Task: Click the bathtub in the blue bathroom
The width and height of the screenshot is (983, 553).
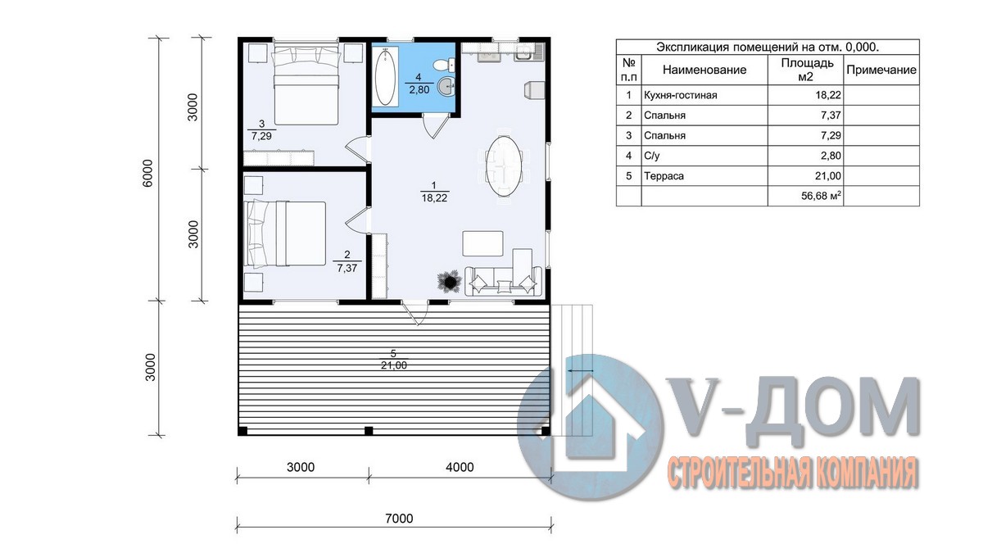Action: pos(386,76)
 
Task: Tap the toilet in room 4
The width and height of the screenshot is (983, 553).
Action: pos(444,66)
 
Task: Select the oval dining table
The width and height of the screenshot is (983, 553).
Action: pos(505,165)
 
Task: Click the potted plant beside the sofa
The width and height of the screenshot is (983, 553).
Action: pos(450,280)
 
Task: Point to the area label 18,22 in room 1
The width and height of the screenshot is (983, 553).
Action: pos(434,198)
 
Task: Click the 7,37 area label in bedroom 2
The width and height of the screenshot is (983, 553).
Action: pos(347,268)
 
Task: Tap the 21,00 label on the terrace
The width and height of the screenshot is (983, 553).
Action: pos(394,365)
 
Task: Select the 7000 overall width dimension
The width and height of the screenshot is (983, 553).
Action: pos(400,519)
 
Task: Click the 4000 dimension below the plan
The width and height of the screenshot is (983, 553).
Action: pos(460,467)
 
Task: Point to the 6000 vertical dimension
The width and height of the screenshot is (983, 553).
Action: pos(148,173)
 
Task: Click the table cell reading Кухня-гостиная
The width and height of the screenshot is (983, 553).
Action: pos(680,95)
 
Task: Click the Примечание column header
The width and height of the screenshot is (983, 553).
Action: pos(881,70)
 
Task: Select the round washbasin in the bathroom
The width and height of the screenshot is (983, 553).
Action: pos(446,86)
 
